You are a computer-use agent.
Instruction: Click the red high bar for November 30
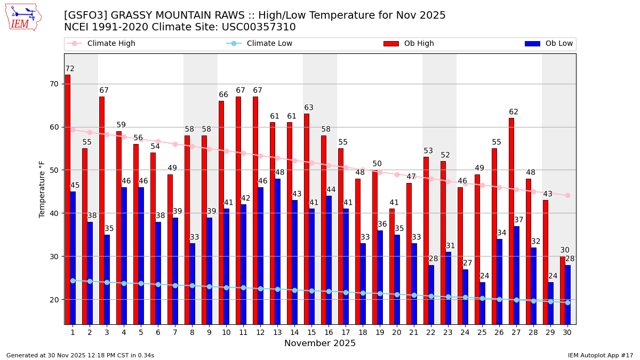(x=563, y=290)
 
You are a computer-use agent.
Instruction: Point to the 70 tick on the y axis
(x=54, y=84)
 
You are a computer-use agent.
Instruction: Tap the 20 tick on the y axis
(x=54, y=300)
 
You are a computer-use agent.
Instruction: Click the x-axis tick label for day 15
(x=311, y=332)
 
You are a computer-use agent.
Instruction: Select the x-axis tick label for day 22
(x=431, y=332)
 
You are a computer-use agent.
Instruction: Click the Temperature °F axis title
(x=43, y=189)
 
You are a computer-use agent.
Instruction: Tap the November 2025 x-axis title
(x=320, y=343)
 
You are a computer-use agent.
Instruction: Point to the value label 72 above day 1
(x=70, y=69)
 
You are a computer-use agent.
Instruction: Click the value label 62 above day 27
(x=514, y=112)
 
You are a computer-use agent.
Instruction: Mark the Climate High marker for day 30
(x=567, y=195)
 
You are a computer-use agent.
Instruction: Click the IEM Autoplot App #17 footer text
(x=601, y=355)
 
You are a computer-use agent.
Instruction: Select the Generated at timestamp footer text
(x=81, y=355)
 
